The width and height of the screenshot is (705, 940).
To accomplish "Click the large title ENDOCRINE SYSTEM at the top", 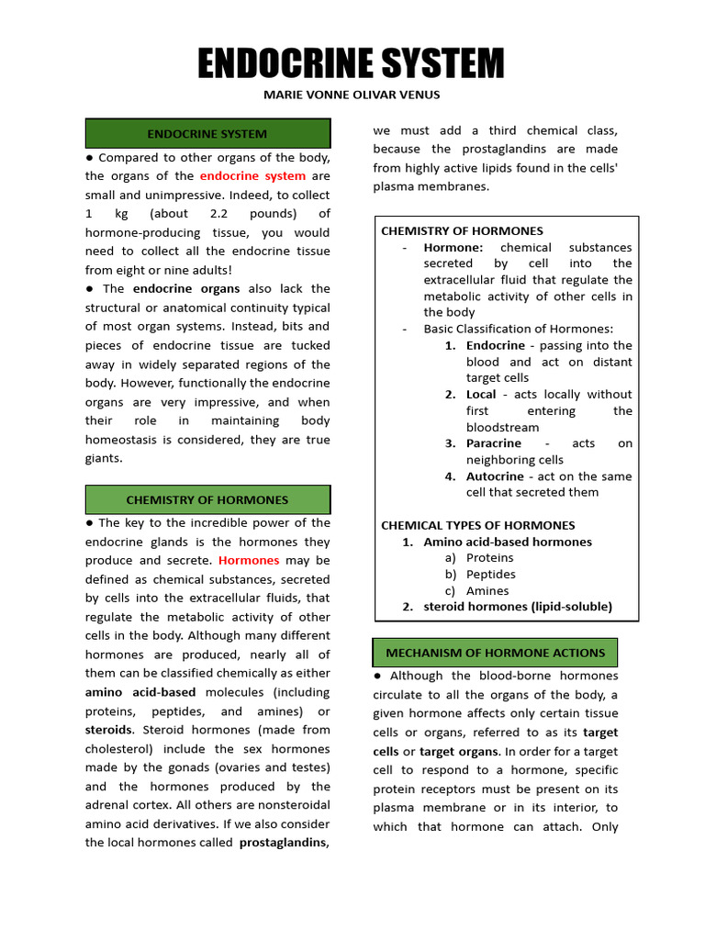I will coord(352,65).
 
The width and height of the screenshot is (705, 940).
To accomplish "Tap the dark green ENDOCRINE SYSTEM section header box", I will coord(207,134).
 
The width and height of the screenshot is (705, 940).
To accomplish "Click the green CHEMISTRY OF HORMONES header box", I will coord(207,500).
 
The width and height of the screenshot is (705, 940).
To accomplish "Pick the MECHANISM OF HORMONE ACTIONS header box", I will coord(495,653).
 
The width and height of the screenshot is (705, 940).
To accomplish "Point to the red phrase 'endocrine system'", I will coord(252,176).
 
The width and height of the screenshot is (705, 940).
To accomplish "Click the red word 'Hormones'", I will coord(249,560).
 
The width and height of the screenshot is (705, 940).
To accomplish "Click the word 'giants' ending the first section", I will coord(104,458).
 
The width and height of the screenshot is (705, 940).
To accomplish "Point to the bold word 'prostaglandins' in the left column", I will coord(284,843).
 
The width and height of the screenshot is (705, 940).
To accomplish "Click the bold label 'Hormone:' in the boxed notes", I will coord(453,248).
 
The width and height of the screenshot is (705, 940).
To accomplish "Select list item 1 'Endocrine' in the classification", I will coord(496,346).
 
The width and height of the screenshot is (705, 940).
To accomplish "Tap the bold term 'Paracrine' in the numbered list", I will coord(494,443).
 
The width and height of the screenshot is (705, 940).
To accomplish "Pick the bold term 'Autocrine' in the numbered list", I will coord(495,476).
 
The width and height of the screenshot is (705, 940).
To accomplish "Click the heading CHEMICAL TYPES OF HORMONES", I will coord(478,525).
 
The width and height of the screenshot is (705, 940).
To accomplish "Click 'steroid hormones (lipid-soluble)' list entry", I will coord(517,607).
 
